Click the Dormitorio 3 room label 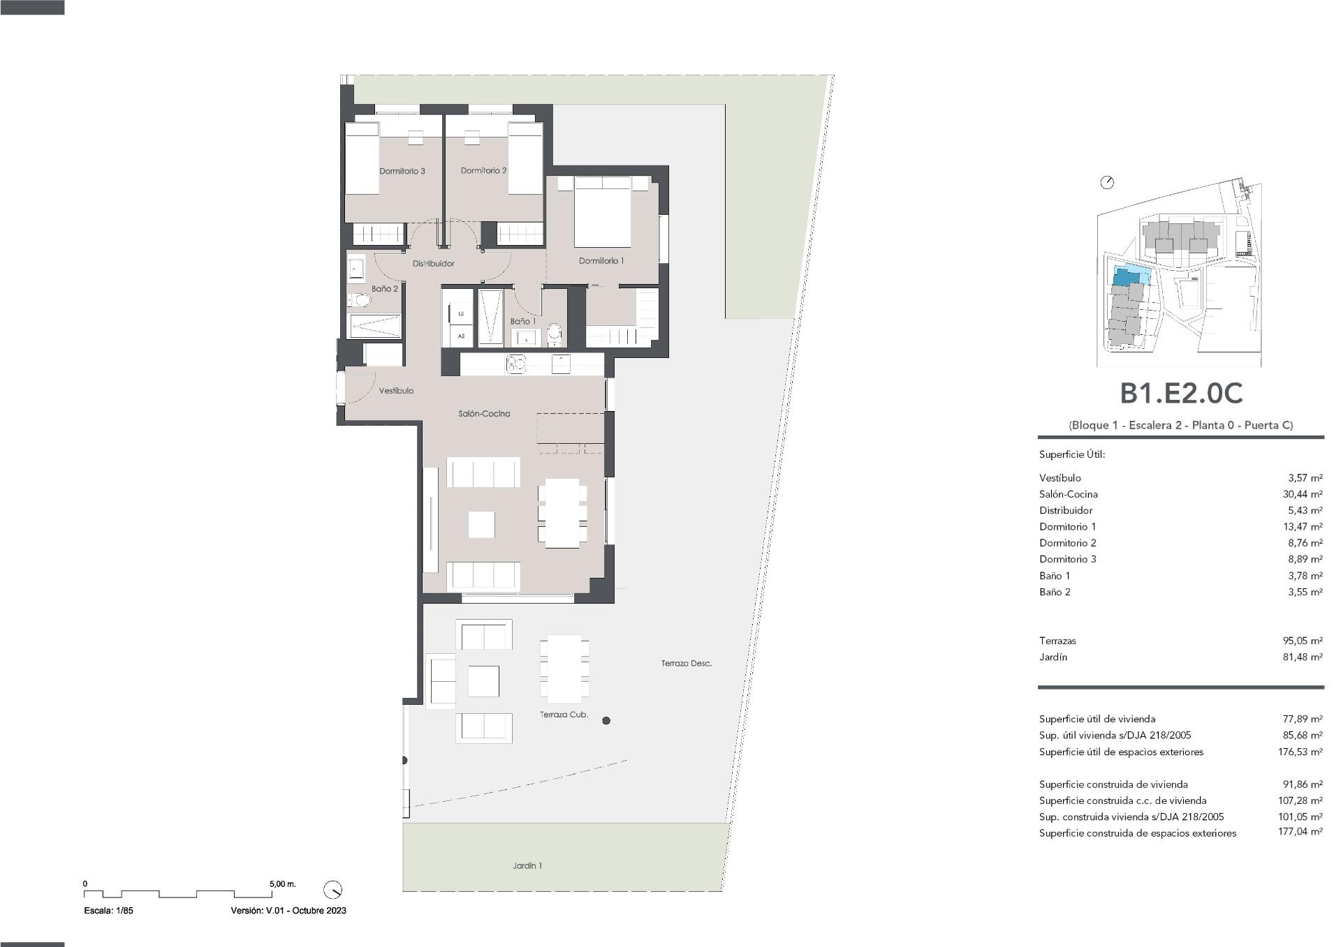402,171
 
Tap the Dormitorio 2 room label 483,170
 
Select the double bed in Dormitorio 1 603,213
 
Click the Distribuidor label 433,263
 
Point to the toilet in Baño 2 360,301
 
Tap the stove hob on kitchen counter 516,364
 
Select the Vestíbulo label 396,391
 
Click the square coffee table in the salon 481,524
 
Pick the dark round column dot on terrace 606,720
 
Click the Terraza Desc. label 686,663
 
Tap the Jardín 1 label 527,865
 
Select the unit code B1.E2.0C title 1181,394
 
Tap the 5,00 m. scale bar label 282,883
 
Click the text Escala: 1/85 108,910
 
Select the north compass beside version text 333,890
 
